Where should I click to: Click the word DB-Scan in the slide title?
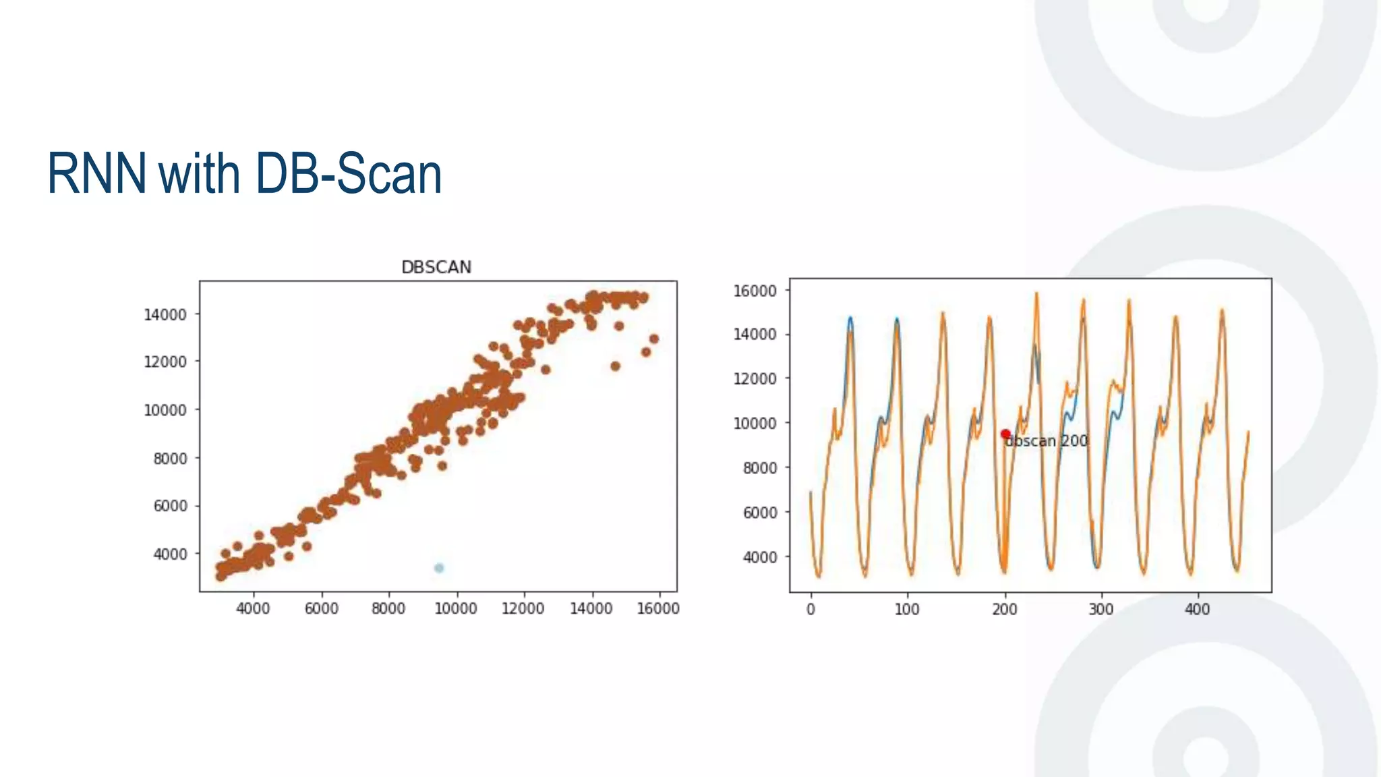[x=348, y=174]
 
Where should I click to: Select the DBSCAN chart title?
[x=436, y=267]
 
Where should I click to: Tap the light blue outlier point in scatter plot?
[x=439, y=568]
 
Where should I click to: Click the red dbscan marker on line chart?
[x=1005, y=434]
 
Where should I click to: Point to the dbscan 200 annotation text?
[x=1047, y=441]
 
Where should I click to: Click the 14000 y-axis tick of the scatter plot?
[x=165, y=314]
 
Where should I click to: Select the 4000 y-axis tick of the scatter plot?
[x=170, y=554]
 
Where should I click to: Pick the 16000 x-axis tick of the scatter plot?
[x=658, y=608]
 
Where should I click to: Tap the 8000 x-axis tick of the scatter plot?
[x=388, y=608]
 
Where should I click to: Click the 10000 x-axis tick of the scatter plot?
[x=456, y=608]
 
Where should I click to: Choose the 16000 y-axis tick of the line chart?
[x=755, y=291]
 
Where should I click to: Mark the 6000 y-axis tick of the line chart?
[x=759, y=513]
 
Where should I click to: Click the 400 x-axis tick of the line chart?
[x=1198, y=610]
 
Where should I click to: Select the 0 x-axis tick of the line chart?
[x=811, y=610]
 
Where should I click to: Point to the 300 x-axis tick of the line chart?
[x=1101, y=610]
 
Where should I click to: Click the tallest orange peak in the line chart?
[x=1036, y=294]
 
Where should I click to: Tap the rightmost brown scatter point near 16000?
[x=653, y=339]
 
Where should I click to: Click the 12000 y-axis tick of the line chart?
[x=755, y=379]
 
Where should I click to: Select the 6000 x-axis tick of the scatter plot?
[x=321, y=608]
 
